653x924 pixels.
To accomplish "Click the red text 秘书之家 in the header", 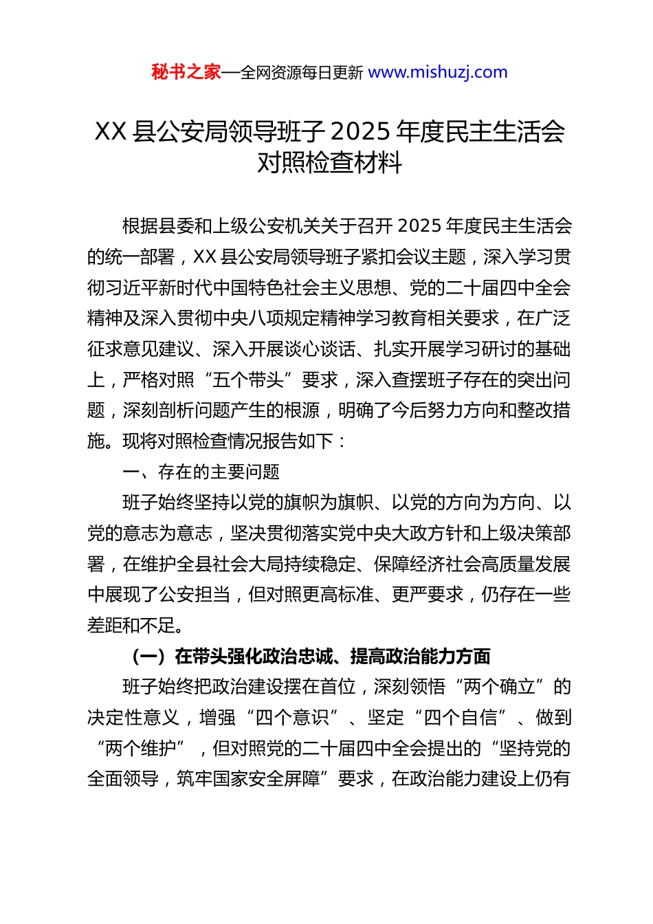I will coord(186,72).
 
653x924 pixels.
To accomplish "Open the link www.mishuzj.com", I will coord(438,72).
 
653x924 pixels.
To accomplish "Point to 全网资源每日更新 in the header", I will coord(302,73).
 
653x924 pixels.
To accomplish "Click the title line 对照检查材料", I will coord(329,163).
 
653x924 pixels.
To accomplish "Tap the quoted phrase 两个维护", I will coord(141,748).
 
